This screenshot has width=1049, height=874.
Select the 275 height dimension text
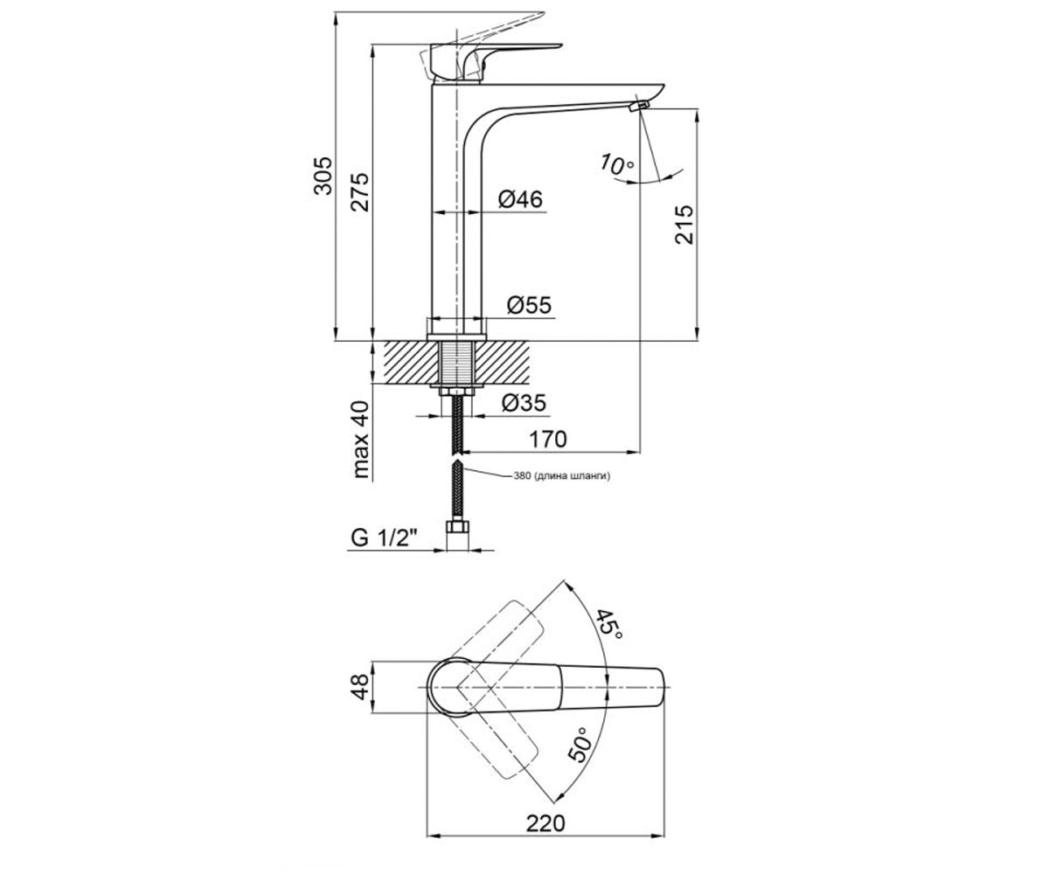[359, 192]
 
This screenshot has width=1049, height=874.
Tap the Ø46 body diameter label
[520, 199]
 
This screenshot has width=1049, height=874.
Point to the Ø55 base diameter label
[529, 305]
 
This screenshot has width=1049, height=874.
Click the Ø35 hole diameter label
[524, 403]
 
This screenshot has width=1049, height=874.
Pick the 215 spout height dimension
[684, 225]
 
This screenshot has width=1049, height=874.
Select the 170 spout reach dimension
[547, 439]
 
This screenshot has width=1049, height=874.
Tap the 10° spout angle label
[617, 164]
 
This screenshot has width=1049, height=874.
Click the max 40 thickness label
[361, 440]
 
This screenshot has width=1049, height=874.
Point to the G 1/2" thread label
[385, 538]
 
